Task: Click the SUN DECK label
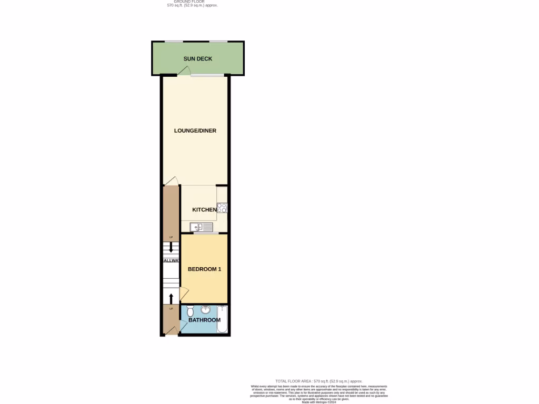(198, 59)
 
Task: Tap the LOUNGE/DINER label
(195, 131)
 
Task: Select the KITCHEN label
(204, 210)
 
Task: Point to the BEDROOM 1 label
(204, 269)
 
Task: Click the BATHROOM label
(204, 320)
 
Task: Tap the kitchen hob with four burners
(222, 208)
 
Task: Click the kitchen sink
(201, 227)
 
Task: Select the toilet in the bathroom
(190, 311)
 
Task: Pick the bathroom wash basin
(205, 309)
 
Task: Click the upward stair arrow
(171, 298)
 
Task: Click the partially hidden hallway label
(172, 260)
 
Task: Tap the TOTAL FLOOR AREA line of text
(319, 381)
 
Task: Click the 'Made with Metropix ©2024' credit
(319, 402)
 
